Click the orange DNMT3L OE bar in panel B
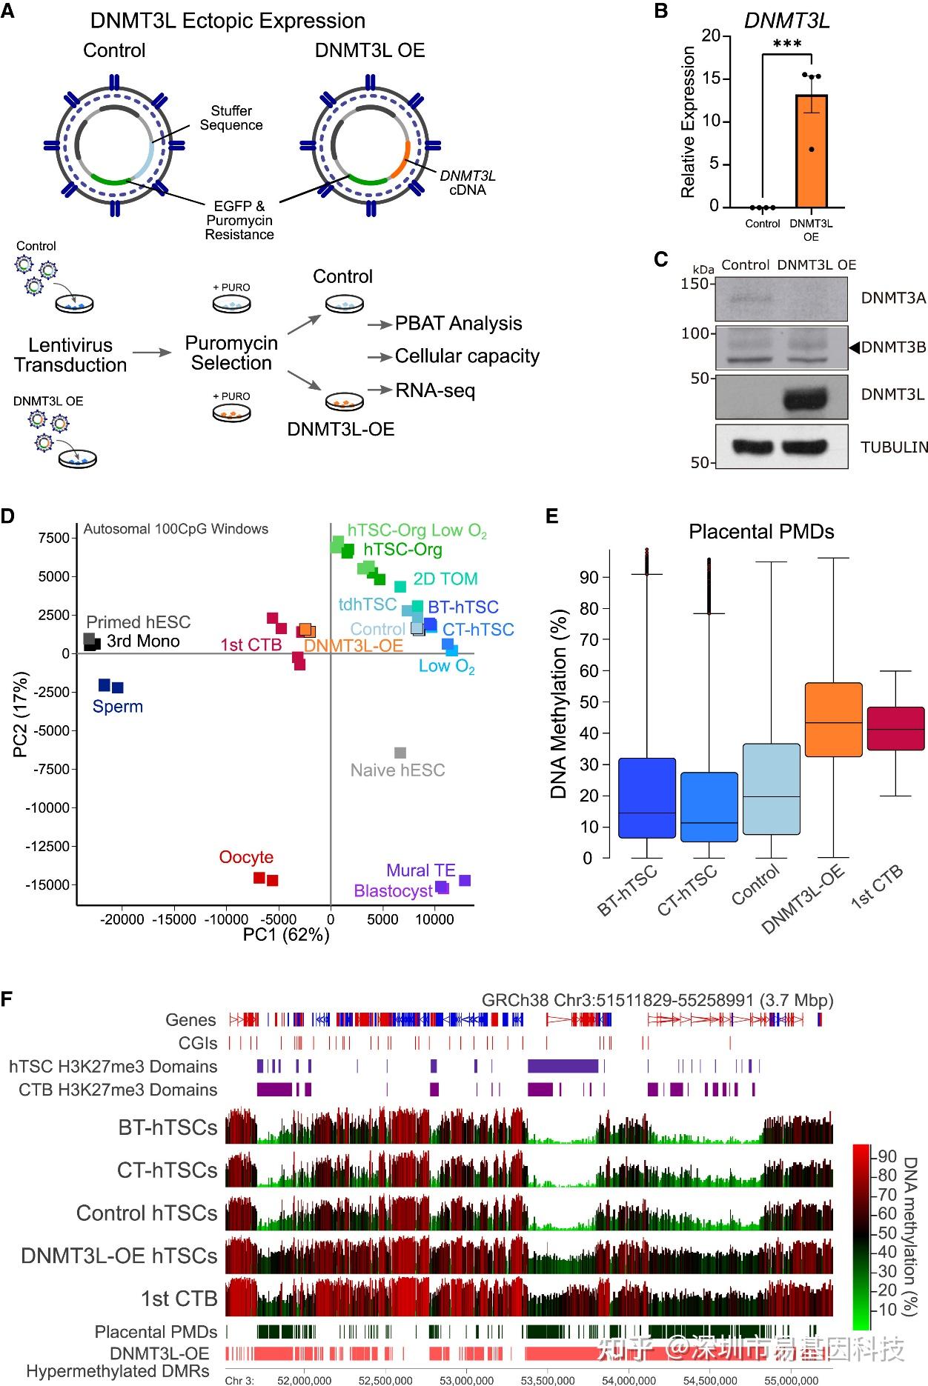(x=811, y=151)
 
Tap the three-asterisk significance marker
(x=787, y=44)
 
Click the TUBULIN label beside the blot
(x=894, y=447)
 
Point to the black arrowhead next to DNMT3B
(x=854, y=347)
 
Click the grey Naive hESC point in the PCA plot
(x=400, y=753)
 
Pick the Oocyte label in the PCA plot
(x=246, y=857)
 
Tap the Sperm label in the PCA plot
(x=118, y=707)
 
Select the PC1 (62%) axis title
(x=286, y=935)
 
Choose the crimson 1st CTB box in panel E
(x=895, y=729)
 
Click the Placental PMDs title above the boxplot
(x=761, y=532)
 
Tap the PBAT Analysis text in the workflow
(x=458, y=324)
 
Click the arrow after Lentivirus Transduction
(x=153, y=353)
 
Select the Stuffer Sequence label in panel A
(x=231, y=118)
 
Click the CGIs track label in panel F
(x=198, y=1043)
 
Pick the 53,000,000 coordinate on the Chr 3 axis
(x=467, y=1380)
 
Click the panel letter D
(x=8, y=516)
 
